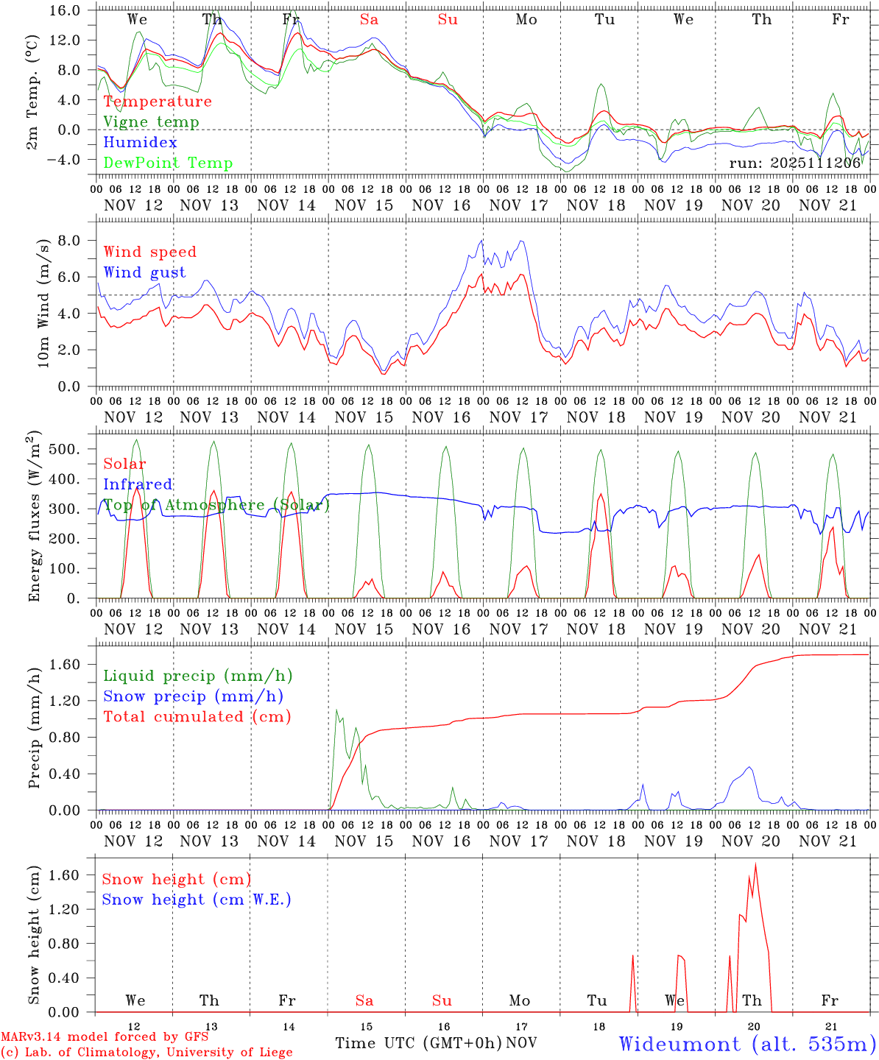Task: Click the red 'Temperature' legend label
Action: point(158,102)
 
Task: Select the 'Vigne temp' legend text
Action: point(151,122)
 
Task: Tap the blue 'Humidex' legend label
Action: point(130,143)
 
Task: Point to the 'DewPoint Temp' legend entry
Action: point(168,163)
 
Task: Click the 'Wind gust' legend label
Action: point(144,272)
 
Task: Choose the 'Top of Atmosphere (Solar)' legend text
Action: point(216,505)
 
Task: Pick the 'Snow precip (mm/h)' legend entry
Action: point(193,696)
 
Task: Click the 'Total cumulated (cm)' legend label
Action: point(197,716)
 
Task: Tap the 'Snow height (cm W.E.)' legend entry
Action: point(196,900)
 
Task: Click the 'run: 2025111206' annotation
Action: point(794,163)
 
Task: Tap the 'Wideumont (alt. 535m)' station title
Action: point(746,1044)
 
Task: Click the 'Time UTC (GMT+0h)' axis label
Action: point(419,1043)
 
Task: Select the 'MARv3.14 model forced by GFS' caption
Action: point(104,1037)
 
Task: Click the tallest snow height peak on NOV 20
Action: point(755,864)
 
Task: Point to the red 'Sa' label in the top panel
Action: point(369,20)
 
